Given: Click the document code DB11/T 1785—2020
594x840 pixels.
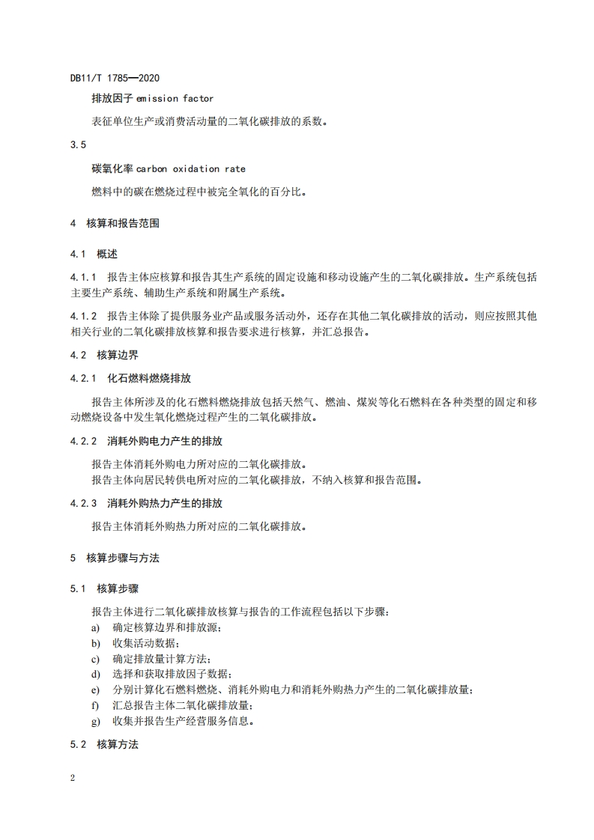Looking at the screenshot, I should (115, 78).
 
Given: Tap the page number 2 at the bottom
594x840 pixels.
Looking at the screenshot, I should (73, 778).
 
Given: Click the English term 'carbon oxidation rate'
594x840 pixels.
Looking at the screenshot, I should (191, 169).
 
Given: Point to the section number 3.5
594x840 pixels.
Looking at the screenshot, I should (77, 144).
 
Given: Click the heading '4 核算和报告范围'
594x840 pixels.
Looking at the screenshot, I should (115, 223).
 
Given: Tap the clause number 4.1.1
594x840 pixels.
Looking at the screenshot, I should (84, 276).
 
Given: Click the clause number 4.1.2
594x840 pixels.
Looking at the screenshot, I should (84, 316).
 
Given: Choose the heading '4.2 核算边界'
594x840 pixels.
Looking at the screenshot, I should (104, 355).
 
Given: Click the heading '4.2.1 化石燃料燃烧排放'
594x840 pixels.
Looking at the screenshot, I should (130, 378).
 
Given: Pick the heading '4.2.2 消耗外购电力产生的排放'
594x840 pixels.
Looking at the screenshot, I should (146, 441).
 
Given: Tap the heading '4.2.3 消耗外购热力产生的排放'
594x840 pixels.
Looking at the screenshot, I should (146, 504).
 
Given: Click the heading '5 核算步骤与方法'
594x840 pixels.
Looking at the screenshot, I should (115, 558).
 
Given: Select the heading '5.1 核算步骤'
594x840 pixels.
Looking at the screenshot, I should (104, 589).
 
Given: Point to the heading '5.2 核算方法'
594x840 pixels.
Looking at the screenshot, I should (104, 744).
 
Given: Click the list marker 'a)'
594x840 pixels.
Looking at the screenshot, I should (96, 627).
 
